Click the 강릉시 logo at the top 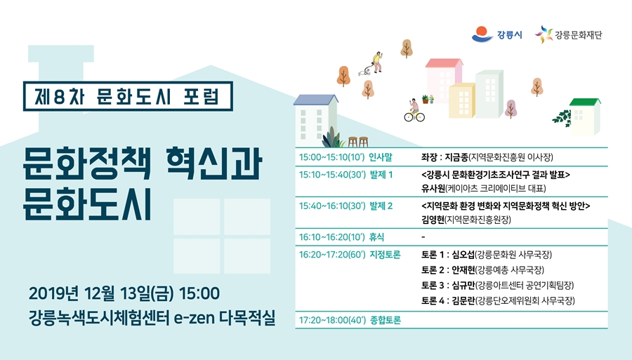[x=496, y=34]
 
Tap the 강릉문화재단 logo [x=568, y=34]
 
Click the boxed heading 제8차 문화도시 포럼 [x=128, y=96]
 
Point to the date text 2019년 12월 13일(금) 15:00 [x=124, y=293]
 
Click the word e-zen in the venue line [x=194, y=318]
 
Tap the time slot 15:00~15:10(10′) [x=331, y=157]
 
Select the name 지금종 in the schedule [x=456, y=157]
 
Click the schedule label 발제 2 [x=381, y=206]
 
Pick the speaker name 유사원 [x=433, y=188]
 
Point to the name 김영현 [x=433, y=220]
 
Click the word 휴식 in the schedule [x=377, y=236]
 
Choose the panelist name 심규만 [x=463, y=286]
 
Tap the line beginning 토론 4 [x=498, y=301]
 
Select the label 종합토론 [x=386, y=320]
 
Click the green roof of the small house [x=585, y=102]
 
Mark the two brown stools [x=358, y=142]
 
